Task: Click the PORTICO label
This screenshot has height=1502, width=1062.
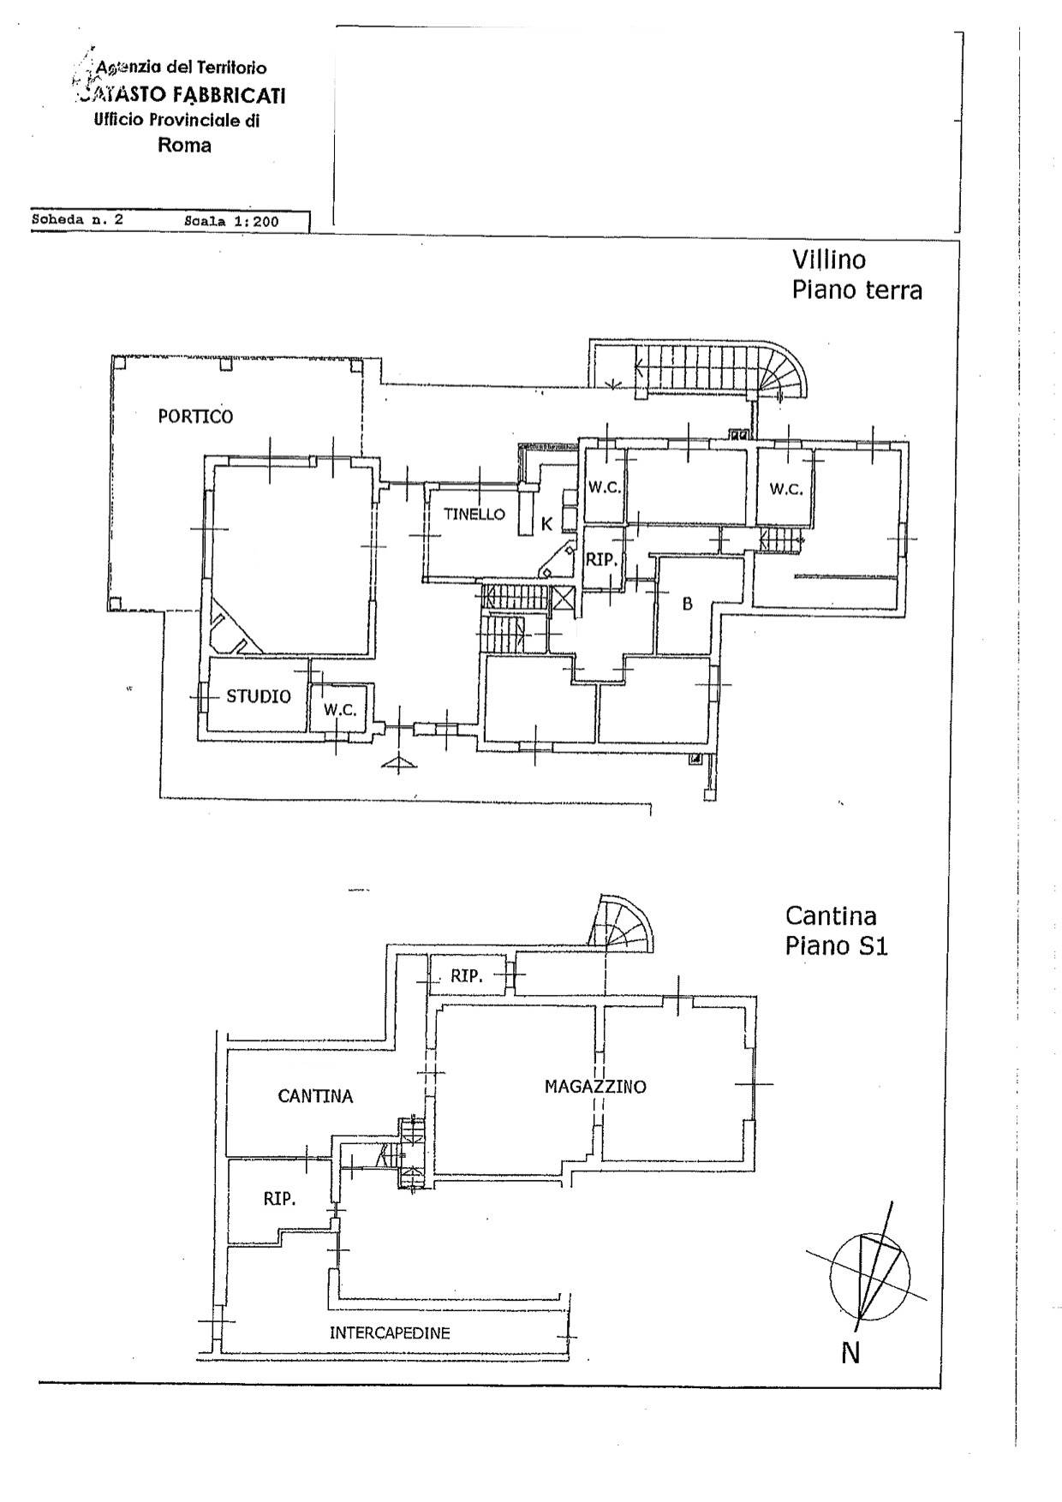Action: [195, 416]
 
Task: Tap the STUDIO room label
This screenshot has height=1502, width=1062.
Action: [259, 696]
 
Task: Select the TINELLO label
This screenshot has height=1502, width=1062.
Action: [474, 514]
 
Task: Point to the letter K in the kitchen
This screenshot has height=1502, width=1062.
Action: [546, 524]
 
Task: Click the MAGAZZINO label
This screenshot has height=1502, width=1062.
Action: [595, 1087]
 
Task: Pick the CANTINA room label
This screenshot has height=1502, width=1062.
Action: [315, 1095]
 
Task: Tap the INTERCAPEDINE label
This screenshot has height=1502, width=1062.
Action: [390, 1332]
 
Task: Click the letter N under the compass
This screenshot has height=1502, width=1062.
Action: [850, 1353]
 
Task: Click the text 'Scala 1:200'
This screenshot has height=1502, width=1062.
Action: [231, 221]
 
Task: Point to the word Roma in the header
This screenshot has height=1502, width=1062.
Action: [184, 145]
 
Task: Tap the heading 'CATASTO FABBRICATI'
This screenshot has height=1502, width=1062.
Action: [181, 94]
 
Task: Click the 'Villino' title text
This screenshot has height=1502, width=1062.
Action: [828, 259]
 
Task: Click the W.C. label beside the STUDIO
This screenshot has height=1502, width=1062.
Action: [340, 711]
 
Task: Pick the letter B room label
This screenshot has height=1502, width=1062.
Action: [687, 604]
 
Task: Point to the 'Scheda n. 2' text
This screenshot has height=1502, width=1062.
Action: [77, 219]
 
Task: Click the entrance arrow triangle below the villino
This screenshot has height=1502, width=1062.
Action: [397, 763]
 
